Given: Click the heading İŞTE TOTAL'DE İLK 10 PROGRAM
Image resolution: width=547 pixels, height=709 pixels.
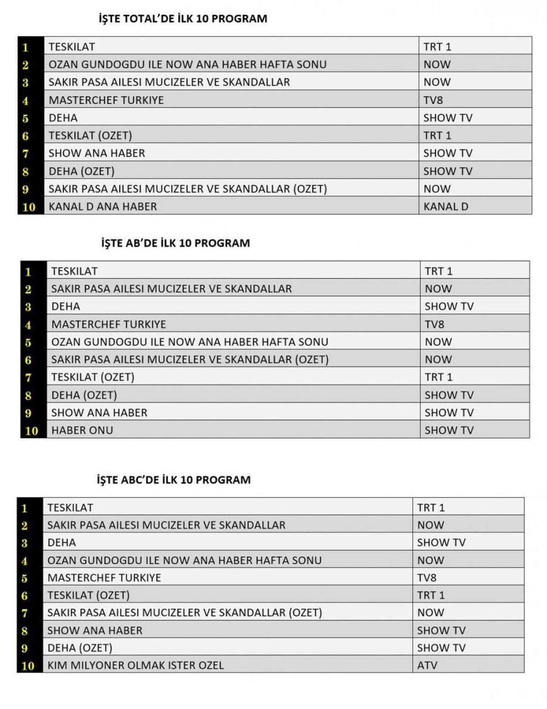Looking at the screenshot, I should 183,19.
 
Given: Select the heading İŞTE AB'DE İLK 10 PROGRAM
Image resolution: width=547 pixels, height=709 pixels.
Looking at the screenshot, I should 175,243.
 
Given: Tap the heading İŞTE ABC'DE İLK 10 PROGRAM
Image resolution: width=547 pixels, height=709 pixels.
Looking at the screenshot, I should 174,480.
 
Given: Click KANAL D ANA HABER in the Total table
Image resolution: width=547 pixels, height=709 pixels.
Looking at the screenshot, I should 103,207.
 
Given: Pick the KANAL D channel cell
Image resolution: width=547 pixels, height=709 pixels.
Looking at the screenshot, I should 445,207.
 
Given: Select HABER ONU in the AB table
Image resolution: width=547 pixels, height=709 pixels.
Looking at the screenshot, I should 82,430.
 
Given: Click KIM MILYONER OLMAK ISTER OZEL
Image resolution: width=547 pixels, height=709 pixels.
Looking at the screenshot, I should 135,665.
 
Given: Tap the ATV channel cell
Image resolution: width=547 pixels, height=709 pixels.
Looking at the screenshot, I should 427,665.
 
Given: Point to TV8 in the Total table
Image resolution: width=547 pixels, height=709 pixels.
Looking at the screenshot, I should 433,100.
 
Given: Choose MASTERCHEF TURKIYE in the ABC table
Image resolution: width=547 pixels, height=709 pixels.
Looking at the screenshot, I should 104,578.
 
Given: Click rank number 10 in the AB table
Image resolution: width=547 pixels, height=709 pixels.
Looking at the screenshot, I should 31,430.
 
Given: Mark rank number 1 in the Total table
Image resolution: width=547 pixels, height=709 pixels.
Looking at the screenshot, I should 26,47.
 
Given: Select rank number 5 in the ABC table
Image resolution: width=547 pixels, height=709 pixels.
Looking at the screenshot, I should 25,578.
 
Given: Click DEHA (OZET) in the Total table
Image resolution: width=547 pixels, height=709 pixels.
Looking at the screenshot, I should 82,171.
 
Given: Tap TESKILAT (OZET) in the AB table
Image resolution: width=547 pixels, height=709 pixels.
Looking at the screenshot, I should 93,377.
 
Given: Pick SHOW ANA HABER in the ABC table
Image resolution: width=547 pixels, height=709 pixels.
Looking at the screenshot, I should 95,631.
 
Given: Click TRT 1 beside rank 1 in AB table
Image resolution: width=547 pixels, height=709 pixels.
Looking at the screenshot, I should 439,271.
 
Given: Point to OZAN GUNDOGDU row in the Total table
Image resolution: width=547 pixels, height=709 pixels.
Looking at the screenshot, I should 187,64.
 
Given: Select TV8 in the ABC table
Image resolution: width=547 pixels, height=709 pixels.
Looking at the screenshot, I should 427,578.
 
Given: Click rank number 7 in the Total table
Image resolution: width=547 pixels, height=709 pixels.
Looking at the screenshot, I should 26,154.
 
